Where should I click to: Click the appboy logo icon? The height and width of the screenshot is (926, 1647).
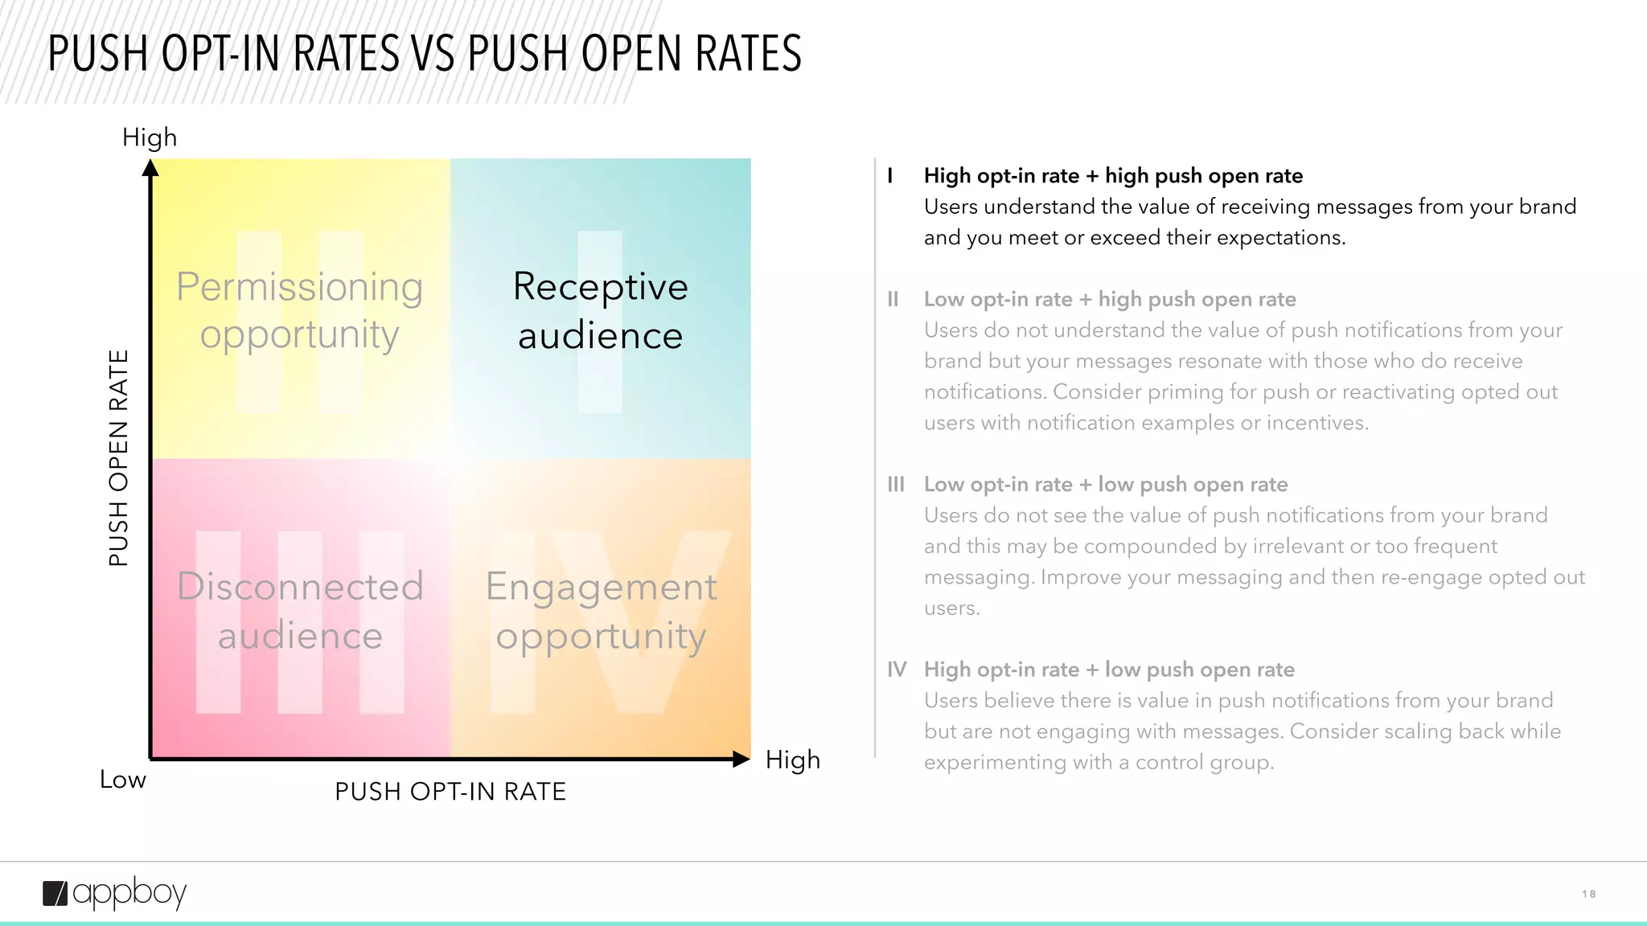tap(55, 894)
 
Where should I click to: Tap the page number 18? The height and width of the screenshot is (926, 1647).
tap(1588, 894)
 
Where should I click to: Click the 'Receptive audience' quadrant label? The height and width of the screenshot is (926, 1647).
tap(601, 311)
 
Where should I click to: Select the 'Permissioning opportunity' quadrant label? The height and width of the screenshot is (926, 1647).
tap(300, 311)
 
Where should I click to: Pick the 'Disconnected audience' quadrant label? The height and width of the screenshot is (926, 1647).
tap(300, 611)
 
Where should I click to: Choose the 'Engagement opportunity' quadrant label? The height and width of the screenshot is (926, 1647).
tap(601, 611)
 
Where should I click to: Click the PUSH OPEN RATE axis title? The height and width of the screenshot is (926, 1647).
tap(119, 458)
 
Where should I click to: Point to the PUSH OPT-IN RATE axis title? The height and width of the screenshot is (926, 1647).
tap(450, 792)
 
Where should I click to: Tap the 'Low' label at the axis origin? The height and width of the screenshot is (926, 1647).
tap(123, 780)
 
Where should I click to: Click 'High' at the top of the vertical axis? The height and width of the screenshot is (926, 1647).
tap(150, 137)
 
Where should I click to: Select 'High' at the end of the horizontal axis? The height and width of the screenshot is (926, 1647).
tap(793, 760)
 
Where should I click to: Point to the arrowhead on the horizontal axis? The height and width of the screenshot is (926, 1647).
tap(741, 759)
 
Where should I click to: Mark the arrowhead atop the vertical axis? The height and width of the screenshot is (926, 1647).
tap(150, 168)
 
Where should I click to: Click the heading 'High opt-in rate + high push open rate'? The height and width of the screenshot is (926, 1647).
tap(1113, 176)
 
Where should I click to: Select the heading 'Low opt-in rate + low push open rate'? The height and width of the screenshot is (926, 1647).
tap(1106, 485)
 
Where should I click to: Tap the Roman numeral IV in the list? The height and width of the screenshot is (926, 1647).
tap(897, 670)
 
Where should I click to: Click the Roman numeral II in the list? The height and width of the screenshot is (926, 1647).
tap(893, 299)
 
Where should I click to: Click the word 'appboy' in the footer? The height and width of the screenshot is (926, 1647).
tap(129, 894)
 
